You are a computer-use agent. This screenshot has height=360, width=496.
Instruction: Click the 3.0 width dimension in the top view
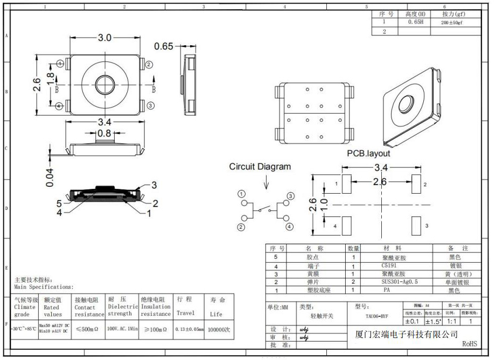point(104,38)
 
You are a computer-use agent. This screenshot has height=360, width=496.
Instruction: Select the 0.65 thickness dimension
point(164,46)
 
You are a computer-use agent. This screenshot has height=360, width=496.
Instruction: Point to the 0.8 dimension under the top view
point(104,133)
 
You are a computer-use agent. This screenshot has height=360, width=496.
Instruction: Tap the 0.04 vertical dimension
point(50,178)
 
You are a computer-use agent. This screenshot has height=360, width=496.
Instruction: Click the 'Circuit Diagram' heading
point(260,167)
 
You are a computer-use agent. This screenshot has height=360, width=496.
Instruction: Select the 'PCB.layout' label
point(368,153)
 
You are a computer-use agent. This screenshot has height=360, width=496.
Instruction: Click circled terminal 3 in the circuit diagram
point(291,196)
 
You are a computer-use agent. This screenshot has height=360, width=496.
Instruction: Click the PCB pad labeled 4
point(346,225)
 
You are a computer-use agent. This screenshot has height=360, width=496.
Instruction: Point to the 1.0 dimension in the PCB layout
point(324,205)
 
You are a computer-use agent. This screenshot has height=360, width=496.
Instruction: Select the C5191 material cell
point(388,266)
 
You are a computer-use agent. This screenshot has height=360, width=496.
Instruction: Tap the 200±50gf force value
point(452,23)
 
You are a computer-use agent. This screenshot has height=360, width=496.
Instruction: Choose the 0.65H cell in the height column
point(415,23)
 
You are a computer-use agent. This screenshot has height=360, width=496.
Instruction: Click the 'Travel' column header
point(186,313)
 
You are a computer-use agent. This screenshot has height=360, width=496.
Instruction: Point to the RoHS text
point(469,344)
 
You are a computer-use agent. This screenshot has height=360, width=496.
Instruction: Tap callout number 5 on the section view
point(60,203)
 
